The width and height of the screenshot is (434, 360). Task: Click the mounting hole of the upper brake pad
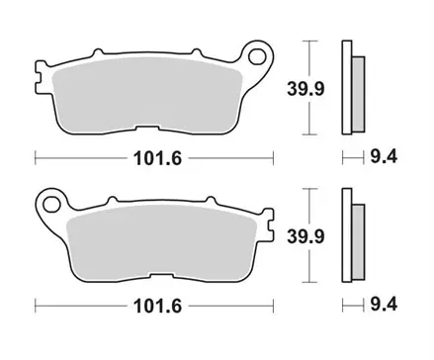[262, 56]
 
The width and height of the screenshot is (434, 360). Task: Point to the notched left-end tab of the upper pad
[41, 74]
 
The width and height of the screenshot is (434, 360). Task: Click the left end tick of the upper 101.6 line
[36, 156]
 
